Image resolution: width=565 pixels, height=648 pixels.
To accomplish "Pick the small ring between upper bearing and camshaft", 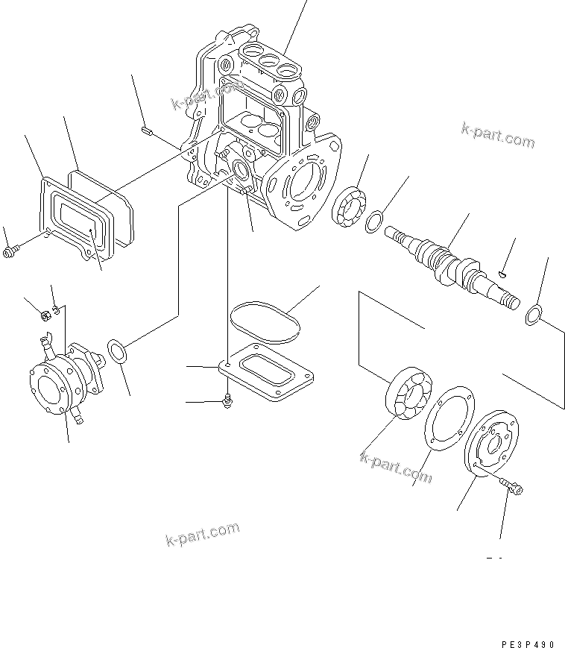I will (x=376, y=220).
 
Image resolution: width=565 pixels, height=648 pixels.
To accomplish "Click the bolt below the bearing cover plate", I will (x=513, y=486).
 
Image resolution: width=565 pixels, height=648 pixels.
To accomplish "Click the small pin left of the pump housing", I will (x=146, y=132).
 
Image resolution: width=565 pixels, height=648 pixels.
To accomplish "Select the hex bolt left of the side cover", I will (x=11, y=253).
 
